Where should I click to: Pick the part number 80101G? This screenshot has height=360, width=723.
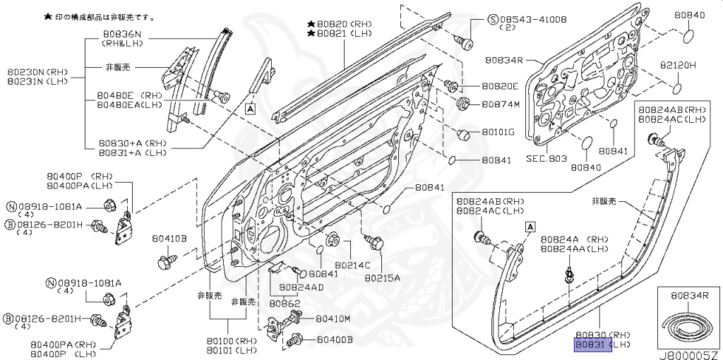pyautogui.click(x=498, y=132)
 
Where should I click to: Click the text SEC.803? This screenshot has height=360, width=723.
pyautogui.click(x=546, y=159)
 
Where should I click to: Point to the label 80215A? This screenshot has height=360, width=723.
pyautogui.click(x=382, y=277)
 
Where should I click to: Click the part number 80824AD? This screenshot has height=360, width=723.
pyautogui.click(x=301, y=287)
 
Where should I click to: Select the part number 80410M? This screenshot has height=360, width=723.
pyautogui.click(x=333, y=318)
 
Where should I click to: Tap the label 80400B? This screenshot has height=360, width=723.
pyautogui.click(x=334, y=340)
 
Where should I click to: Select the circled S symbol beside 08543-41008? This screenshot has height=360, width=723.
pyautogui.click(x=493, y=18)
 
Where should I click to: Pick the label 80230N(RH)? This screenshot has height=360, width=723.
pyautogui.click(x=36, y=71)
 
